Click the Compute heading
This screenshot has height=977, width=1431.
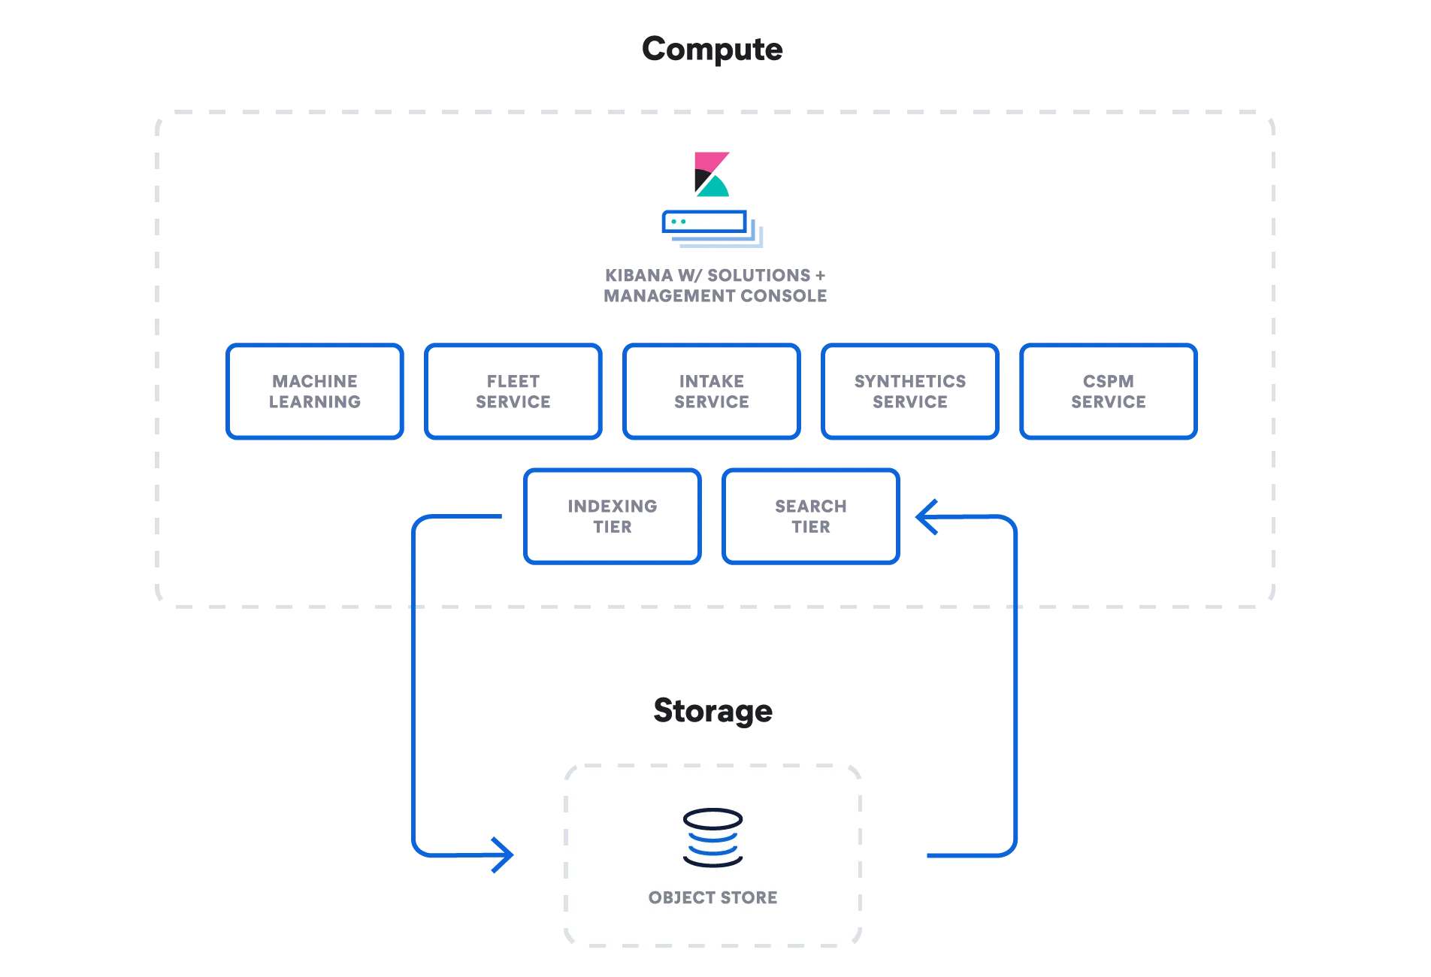click(712, 50)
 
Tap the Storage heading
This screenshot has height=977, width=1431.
click(712, 710)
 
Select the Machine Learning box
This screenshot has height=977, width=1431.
click(315, 392)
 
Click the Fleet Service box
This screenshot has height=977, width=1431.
click(513, 392)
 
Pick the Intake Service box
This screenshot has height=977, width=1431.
click(711, 392)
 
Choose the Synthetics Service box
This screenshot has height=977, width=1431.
click(909, 392)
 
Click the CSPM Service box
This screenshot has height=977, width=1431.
click(1108, 392)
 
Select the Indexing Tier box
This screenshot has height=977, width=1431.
click(613, 516)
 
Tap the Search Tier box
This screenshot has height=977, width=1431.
click(810, 516)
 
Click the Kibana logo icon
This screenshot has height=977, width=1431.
click(711, 174)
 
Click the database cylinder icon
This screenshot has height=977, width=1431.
click(712, 837)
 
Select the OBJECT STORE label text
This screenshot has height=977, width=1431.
click(712, 897)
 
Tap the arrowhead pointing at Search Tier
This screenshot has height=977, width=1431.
click(925, 516)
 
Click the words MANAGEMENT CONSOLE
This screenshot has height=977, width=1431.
click(715, 296)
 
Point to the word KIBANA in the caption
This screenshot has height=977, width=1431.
click(639, 276)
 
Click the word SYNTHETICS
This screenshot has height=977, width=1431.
click(909, 382)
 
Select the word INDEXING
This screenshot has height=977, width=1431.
click(613, 507)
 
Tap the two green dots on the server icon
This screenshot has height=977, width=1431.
click(678, 222)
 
